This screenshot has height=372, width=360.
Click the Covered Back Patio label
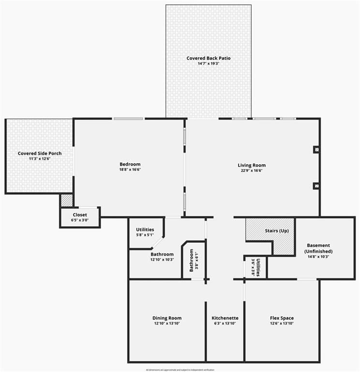coord(209,58)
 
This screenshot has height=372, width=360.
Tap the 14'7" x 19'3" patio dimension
coord(209,63)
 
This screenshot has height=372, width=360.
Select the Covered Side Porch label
coord(40,154)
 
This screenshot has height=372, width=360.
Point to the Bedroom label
coord(130,164)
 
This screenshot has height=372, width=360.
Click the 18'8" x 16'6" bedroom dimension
coord(130,170)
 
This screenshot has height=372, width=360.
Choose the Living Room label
coord(252,165)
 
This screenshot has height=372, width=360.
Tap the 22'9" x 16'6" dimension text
coord(252,170)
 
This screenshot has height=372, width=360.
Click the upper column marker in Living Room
coord(316,150)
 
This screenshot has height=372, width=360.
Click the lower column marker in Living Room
coord(316,185)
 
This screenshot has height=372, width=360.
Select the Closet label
coord(80,215)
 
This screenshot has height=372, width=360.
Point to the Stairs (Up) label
coord(277,231)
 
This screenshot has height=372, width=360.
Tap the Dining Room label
coord(167,318)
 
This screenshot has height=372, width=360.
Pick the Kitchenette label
coord(225,318)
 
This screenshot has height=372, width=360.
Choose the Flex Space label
coord(282,318)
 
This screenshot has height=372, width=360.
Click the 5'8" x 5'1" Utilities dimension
coord(145,235)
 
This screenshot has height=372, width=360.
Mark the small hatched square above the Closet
coord(66,200)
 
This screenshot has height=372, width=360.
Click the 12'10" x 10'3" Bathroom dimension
coord(162,260)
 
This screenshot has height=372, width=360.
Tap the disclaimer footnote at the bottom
coord(180,370)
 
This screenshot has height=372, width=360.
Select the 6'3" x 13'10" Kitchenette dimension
coord(225,324)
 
